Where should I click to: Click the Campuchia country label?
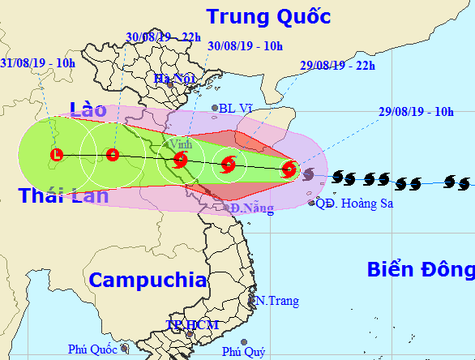coord(148,281)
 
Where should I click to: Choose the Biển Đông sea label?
coord(420,270)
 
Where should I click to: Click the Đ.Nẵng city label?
coord(248,208)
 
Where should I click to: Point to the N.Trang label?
coord(277,301)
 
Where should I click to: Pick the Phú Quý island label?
coord(243,351)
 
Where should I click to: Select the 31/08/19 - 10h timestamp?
coord(37,62)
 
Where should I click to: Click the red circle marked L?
coord(56,154)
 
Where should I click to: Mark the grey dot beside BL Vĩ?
coord(216,108)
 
